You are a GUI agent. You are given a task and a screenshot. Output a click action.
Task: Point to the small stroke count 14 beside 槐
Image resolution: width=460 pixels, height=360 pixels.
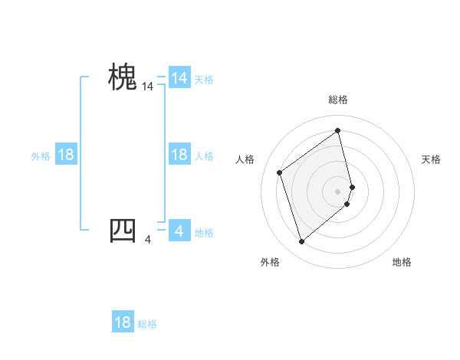pyautogui.click(x=148, y=88)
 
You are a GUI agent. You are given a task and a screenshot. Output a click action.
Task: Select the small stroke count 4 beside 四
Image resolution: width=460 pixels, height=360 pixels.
pyautogui.click(x=148, y=240)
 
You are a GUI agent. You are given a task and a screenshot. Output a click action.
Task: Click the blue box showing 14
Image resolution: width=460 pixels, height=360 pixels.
pyautogui.click(x=179, y=78)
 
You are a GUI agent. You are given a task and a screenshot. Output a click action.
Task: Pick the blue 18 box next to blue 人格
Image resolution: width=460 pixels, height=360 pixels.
pyautogui.click(x=179, y=155)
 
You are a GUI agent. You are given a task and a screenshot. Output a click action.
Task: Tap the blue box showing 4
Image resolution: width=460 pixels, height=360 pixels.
pyautogui.click(x=179, y=231)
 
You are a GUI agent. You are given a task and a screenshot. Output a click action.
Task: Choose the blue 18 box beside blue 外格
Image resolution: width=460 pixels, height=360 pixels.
pyautogui.click(x=66, y=155)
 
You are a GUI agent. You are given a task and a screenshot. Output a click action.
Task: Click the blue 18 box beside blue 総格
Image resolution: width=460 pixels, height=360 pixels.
pyautogui.click(x=123, y=322)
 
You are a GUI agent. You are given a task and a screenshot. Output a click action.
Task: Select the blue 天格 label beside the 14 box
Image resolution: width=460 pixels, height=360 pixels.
pyautogui.click(x=204, y=79)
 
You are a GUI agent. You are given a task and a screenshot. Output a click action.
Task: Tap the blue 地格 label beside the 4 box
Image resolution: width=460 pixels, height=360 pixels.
pyautogui.click(x=204, y=233)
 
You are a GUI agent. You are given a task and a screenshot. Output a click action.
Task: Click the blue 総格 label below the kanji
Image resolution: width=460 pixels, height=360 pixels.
pyautogui.click(x=147, y=324)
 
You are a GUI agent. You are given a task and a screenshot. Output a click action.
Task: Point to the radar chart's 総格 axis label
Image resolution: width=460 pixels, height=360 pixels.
pyautogui.click(x=338, y=100)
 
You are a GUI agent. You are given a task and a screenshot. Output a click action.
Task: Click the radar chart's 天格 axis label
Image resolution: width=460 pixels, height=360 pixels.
pyautogui.click(x=432, y=159)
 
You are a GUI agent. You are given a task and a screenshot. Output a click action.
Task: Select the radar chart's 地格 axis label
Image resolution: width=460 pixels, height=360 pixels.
pyautogui.click(x=402, y=262)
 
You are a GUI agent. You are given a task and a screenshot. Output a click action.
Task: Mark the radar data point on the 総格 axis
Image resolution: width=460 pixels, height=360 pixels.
pyautogui.click(x=338, y=130)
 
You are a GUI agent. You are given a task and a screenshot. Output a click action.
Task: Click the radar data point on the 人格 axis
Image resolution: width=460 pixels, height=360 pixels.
pyautogui.click(x=280, y=172)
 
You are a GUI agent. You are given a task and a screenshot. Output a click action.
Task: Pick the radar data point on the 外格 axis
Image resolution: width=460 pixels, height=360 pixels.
pyautogui.click(x=301, y=242)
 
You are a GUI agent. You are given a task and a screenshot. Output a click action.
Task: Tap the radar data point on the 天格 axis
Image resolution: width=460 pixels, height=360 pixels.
pyautogui.click(x=352, y=186)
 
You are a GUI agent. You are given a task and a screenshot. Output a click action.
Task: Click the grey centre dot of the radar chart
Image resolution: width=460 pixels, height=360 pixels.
pyautogui.click(x=338, y=191)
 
